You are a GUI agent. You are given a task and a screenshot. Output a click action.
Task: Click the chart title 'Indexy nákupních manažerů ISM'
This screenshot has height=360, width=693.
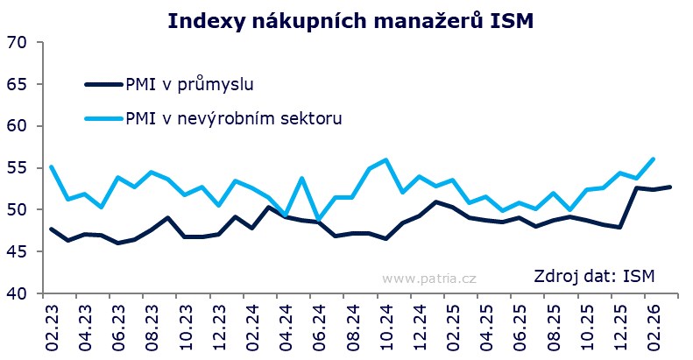347,20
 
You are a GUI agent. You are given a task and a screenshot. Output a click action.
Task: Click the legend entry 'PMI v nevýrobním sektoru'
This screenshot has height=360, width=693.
234,117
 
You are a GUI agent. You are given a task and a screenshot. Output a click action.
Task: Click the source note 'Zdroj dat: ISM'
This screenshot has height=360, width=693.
594,278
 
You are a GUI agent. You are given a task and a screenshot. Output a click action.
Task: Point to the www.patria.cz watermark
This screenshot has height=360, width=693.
429,279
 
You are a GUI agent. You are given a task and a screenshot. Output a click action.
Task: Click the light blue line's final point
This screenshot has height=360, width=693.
653,159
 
